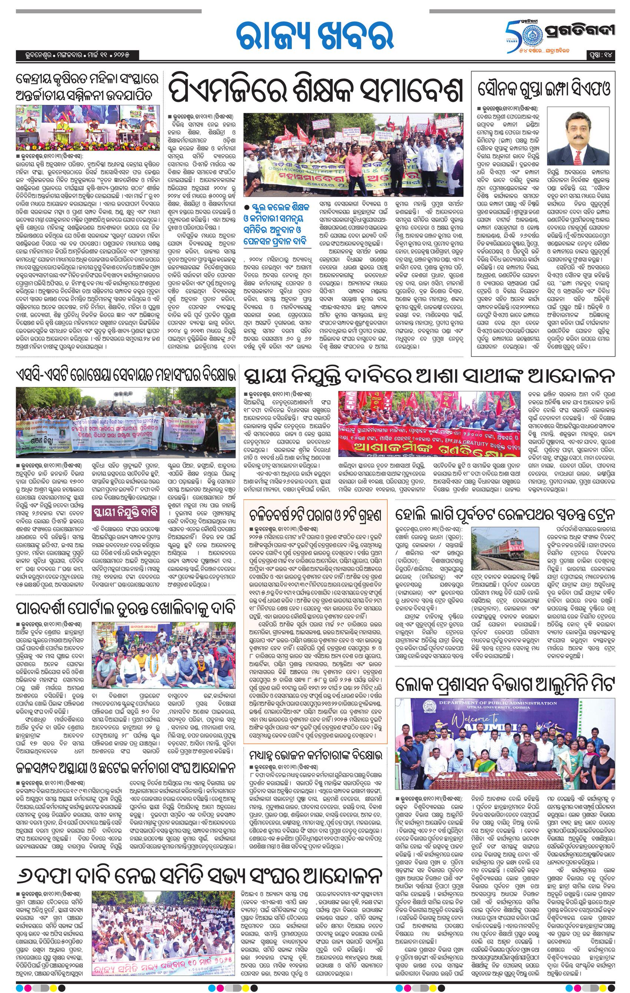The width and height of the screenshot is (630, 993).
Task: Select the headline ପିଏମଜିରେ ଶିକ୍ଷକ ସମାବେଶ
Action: click(316, 88)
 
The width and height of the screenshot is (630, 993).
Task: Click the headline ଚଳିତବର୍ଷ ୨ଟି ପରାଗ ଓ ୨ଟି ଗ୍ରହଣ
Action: click(315, 515)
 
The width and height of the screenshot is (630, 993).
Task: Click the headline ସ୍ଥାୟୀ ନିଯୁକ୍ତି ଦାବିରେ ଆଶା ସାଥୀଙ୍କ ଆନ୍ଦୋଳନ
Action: click(428, 377)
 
